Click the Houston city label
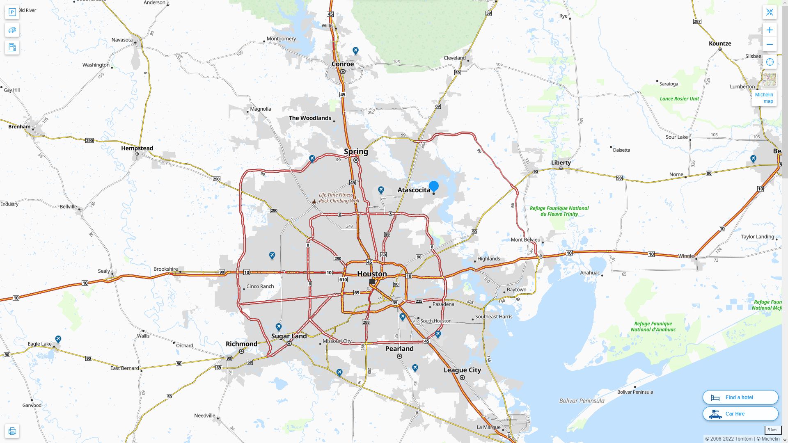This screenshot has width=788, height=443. point(372,274)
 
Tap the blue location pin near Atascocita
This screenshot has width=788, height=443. point(434,186)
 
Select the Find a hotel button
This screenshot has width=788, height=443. point(740,397)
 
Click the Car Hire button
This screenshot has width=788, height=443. point(740,413)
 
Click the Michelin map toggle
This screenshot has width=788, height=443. point(764,98)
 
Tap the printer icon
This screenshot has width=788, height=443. point(12,431)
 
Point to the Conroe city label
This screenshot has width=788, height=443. point(343,64)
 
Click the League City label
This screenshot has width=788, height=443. point(462,370)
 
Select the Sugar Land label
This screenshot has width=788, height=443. point(289,336)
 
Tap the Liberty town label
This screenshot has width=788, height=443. point(561,162)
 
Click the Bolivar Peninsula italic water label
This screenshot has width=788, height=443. point(582,401)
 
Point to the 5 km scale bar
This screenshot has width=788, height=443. point(772,430)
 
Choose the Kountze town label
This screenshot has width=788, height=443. point(720,43)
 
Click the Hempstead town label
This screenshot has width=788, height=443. point(137,148)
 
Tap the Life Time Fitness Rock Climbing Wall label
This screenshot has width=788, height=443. point(339,198)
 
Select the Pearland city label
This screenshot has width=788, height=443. point(399,349)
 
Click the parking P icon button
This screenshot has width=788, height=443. point(12,12)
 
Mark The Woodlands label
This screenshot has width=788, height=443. point(310,118)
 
